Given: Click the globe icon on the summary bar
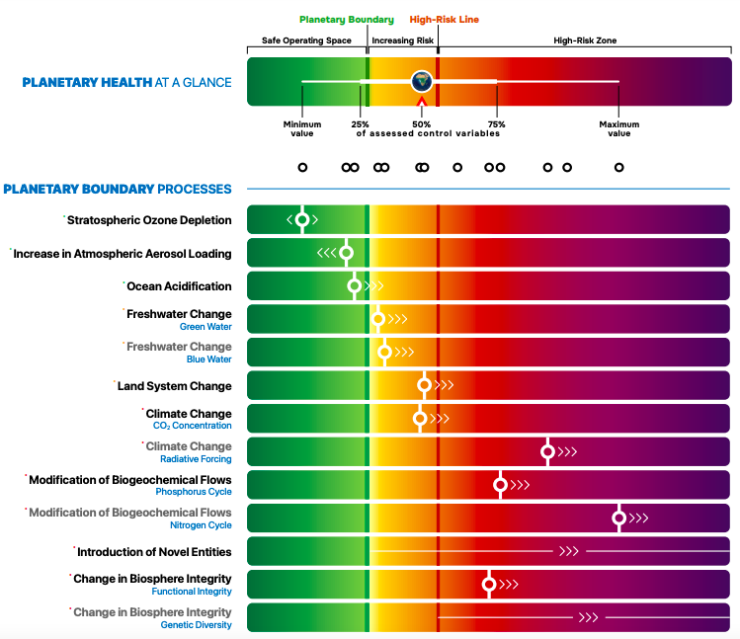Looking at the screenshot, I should point(422,81).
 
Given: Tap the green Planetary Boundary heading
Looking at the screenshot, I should point(347,19).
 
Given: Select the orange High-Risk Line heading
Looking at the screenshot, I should point(438,19).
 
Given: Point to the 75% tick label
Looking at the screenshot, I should point(496,124).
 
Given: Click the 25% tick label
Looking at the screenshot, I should point(360,124).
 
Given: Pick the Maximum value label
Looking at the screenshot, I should point(618,128).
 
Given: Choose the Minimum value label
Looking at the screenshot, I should point(302,128).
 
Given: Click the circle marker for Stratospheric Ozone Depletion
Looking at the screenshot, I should point(302,219).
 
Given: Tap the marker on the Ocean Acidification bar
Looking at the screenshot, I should point(355,286).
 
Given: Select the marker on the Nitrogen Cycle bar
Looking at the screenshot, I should point(619,518).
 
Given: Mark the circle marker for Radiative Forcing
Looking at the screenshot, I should point(547,451).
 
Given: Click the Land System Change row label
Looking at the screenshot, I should point(174,386).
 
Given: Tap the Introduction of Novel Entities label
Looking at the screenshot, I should point(154,552).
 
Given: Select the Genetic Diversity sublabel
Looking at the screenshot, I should point(196,624).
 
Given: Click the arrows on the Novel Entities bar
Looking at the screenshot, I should point(569,551).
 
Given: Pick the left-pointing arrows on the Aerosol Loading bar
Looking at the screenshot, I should point(327,253).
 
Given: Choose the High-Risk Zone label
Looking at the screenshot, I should point(585,40).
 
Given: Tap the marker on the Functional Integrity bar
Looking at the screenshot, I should point(488,584).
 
